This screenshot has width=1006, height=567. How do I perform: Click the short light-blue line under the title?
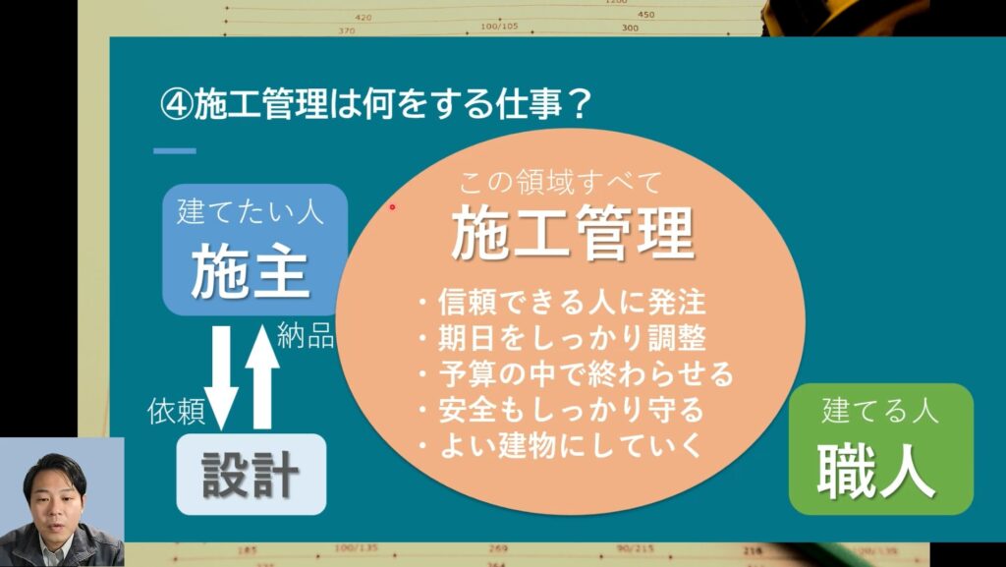(x=175, y=151)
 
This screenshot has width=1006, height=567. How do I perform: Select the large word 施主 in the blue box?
(x=251, y=272)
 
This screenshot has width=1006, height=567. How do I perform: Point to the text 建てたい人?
(x=251, y=211)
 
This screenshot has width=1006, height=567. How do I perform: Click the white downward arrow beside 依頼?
(x=221, y=377)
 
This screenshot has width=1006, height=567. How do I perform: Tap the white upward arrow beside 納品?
(x=261, y=376)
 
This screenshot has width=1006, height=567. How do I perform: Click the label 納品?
(x=306, y=335)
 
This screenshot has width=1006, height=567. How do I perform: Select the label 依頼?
(x=177, y=411)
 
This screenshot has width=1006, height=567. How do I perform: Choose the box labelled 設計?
(x=251, y=474)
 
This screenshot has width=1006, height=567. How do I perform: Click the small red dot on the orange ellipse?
(x=393, y=207)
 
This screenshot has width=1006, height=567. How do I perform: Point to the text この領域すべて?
(x=559, y=184)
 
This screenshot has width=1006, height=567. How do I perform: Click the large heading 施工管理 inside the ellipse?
(x=573, y=234)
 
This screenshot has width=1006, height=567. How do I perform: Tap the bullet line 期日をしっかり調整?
(x=562, y=338)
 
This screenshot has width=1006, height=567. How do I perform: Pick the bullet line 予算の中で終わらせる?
(x=576, y=374)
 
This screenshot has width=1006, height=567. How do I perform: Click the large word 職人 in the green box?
(x=876, y=472)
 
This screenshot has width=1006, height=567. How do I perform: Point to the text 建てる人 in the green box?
(x=880, y=410)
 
